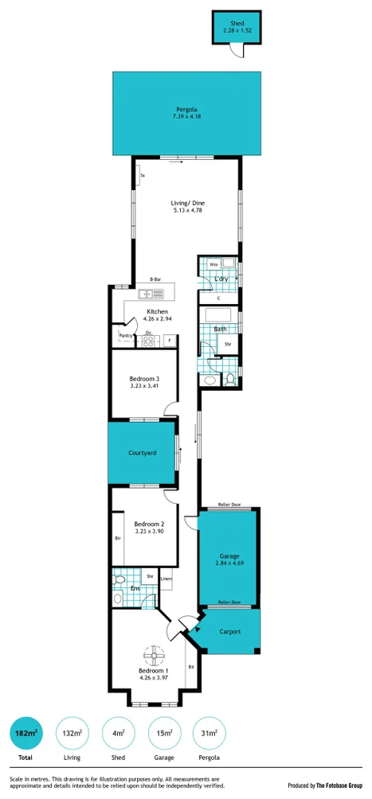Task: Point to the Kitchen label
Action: [x=157, y=311]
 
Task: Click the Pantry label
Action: [x=126, y=336]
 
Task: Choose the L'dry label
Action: [x=221, y=279]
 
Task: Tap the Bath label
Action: [x=220, y=329]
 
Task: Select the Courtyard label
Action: [x=142, y=453]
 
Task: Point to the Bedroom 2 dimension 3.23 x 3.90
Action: [x=149, y=532]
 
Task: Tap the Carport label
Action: [x=230, y=632]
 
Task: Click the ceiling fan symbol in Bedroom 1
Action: [x=153, y=657]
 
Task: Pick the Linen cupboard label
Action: [x=166, y=579]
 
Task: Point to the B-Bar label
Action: [x=155, y=280]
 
